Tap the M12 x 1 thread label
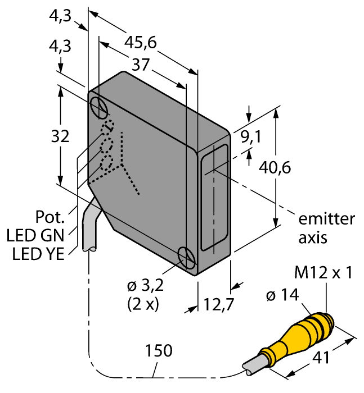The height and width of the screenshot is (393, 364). pos(323,273)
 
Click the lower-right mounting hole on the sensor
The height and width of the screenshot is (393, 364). pos(186,258)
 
